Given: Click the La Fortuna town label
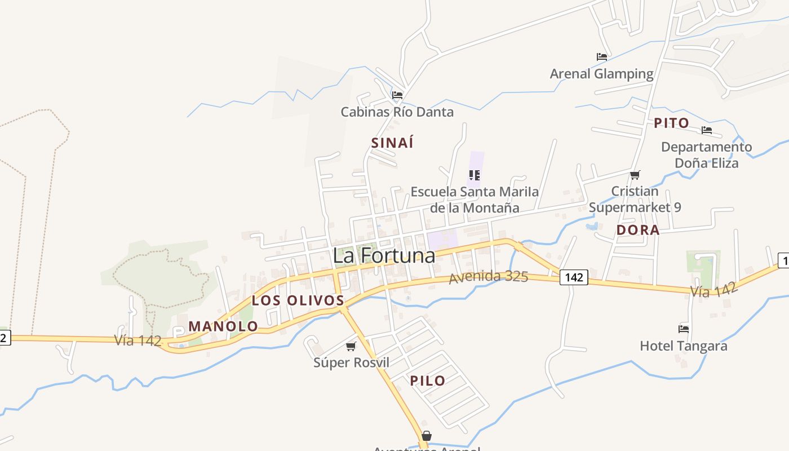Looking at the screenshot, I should pos(384,255).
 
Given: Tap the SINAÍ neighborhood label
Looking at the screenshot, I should pos(392,143).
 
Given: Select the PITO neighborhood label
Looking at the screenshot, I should pos(671,123).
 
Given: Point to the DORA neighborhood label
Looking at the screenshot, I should pos(638,230).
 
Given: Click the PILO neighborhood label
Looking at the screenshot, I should pos(428,381).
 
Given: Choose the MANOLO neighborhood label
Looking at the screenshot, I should pos(223,326).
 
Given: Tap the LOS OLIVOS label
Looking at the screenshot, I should pos(298,300).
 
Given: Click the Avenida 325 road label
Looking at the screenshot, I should pos(488,277).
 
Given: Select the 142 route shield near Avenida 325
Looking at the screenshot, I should pos(574,277).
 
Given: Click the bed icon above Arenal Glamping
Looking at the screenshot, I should pos(601,57).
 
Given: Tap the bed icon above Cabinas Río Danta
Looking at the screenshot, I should pos(397,95).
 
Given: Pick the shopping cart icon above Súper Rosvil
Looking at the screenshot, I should pos(351,346).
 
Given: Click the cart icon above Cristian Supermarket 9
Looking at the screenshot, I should pos(635,175).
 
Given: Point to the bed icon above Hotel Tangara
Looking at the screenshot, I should pos(684,329).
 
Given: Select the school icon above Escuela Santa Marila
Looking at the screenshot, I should pos(475,175).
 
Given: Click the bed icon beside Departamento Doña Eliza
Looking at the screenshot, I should pos(707,130).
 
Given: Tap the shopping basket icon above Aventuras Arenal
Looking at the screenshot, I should pos(427,436).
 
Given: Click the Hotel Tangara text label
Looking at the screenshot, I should pos(684,346).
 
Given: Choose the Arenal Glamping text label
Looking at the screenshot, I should pos(601,74).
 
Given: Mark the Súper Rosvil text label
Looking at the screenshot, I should pos(351,362).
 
